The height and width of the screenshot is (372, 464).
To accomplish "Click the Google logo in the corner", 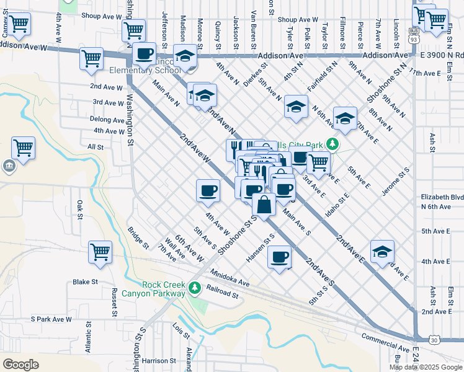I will click(20, 365).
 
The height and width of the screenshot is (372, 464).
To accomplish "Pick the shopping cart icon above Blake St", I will click(99, 252).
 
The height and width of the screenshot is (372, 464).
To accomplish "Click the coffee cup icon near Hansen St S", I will click(279, 256).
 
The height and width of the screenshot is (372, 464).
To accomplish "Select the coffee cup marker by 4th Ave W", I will click(208, 190).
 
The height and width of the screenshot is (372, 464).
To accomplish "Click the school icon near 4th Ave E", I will click(382, 251).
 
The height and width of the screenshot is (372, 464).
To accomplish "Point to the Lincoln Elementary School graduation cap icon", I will click(185, 56).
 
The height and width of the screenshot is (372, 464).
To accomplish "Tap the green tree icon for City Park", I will click(333, 145).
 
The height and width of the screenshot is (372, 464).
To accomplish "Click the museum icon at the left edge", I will click(9, 166).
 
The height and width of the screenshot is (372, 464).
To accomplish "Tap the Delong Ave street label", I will click(107, 119).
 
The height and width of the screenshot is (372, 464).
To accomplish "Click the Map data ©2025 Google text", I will click(426, 367).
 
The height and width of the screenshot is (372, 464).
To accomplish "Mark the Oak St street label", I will click(79, 210).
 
